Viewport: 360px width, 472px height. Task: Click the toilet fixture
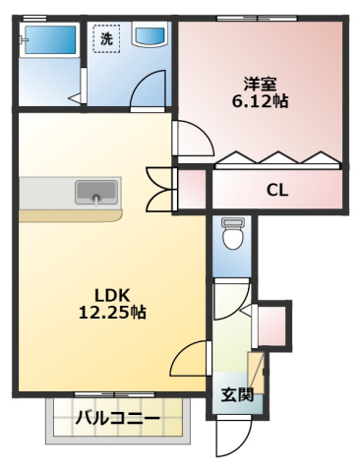[x=232, y=233]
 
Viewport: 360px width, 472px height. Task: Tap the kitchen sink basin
[x=96, y=192]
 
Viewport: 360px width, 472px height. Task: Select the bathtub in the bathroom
[x=51, y=40]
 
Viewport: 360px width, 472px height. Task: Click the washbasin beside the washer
[x=150, y=34]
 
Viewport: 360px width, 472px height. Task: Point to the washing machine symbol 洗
[x=106, y=39]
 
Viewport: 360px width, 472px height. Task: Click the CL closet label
[x=277, y=190]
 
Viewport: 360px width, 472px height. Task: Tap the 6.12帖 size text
[x=261, y=101]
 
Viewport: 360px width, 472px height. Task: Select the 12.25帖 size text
[x=112, y=313]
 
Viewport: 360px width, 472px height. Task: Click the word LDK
[x=113, y=296]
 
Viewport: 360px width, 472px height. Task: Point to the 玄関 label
[x=237, y=395]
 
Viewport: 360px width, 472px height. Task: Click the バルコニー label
[x=117, y=418]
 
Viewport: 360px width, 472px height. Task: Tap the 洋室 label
[x=260, y=84]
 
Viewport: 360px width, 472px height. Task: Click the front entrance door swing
[x=233, y=438]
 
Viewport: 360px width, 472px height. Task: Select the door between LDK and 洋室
[x=194, y=138]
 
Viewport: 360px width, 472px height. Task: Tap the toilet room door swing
[x=231, y=299]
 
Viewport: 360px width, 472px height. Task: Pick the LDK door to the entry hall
[x=190, y=358]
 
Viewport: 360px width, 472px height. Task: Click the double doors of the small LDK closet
[x=161, y=189]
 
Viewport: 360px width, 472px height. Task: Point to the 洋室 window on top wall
[x=258, y=18]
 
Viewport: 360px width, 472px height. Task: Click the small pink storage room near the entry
[x=271, y=326]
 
